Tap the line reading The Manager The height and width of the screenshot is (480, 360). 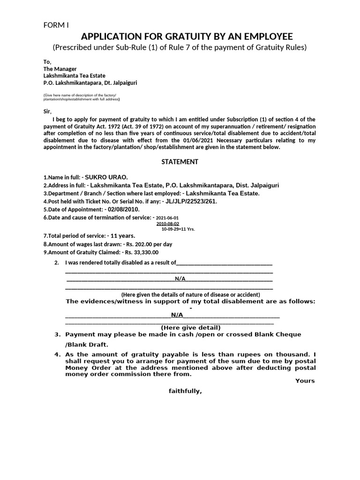point(60,69)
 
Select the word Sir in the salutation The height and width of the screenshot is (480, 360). point(47,111)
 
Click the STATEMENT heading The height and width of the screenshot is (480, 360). point(180,162)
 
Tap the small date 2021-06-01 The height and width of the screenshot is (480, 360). point(167,218)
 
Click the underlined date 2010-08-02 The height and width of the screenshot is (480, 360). point(167,224)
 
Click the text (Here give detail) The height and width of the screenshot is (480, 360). point(190,327)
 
